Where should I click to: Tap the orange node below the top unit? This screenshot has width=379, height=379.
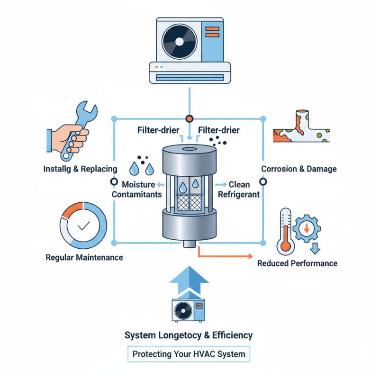tap(189, 118)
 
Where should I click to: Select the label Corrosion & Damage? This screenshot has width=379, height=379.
tap(298, 169)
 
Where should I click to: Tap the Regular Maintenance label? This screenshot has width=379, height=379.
tap(84, 258)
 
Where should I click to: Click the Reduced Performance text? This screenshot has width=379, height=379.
tap(297, 263)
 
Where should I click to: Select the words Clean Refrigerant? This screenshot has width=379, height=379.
tap(239, 189)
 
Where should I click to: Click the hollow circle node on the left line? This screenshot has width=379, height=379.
tap(113, 181)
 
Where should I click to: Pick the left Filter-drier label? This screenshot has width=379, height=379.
tap(158, 130)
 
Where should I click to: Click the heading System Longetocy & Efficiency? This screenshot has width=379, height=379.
tap(189, 335)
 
